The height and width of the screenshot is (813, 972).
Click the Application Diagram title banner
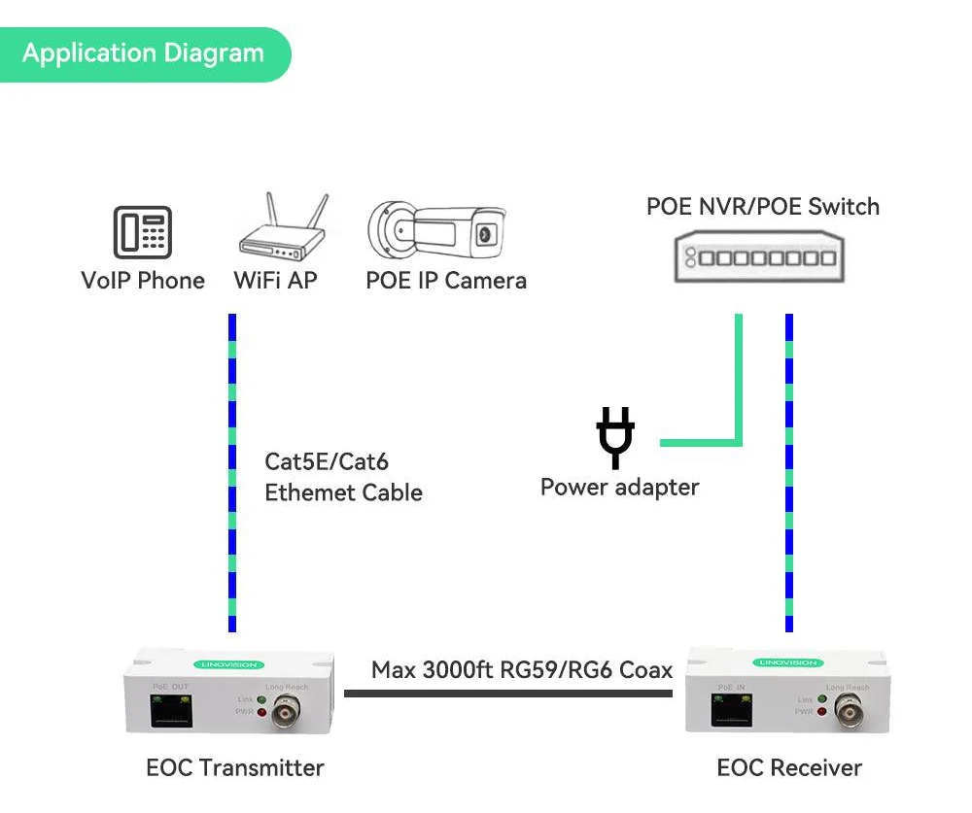point(143,53)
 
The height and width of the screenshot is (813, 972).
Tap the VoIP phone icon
point(143,232)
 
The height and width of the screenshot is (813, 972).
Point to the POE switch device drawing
point(760,256)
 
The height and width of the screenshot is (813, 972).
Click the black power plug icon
point(615,437)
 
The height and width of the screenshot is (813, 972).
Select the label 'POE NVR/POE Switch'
point(763,206)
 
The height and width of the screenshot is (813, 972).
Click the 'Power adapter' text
point(619,487)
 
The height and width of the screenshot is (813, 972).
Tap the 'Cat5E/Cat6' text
point(327,461)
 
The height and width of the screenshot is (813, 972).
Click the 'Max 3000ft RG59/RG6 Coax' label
point(522,670)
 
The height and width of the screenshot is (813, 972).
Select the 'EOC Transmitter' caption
point(234,767)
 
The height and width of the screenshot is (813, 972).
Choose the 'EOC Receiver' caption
point(789,767)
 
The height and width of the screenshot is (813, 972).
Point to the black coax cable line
point(507,694)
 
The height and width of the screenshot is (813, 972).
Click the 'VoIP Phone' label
point(143,281)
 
